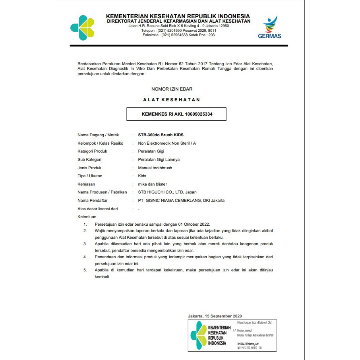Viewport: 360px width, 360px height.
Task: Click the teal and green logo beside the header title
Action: click(83, 28)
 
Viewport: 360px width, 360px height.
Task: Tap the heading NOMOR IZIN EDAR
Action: click(172, 89)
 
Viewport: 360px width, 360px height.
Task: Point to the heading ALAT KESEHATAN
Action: click(172, 100)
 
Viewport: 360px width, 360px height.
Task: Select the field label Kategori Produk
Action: click(93, 151)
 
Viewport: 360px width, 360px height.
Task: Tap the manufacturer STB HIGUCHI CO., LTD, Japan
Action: click(164, 192)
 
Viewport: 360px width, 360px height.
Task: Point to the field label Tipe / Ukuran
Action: click(90, 176)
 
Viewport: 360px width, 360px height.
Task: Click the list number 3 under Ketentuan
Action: click(85, 244)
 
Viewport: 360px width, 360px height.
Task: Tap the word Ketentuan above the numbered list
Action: click(87, 217)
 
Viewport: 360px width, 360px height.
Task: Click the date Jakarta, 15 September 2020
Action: click(215, 316)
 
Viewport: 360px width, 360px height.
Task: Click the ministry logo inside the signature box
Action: click(199, 335)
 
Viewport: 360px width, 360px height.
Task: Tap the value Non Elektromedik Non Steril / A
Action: click(167, 143)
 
